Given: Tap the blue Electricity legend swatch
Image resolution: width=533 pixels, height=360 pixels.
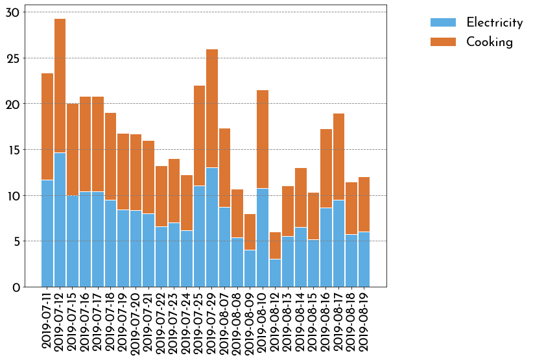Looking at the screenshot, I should pos(443,23).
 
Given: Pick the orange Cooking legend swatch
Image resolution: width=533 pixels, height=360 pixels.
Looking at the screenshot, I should pos(443,42).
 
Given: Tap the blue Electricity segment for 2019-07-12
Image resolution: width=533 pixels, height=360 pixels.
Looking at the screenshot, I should pos(60,220).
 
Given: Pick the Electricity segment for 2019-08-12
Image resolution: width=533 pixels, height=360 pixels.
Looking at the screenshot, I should pos(276,273).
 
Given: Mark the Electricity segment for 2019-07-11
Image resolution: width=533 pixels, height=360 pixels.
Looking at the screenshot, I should pos(47,234).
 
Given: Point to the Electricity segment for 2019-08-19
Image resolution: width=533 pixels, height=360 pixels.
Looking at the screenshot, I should pos(364,259).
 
